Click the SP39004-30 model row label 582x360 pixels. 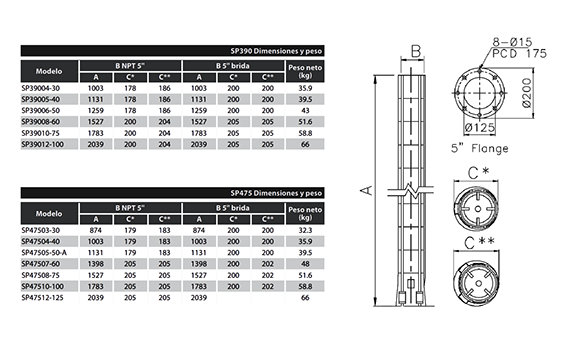(40, 88)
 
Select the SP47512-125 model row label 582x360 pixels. (42, 298)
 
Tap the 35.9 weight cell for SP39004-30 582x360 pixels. (305, 88)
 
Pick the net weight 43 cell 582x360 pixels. (305, 111)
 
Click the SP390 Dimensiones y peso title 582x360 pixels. (276, 51)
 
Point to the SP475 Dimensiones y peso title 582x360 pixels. (276, 193)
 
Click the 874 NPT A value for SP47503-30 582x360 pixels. (96, 230)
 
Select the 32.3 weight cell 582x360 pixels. (305, 230)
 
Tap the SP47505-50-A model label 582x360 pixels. (44, 253)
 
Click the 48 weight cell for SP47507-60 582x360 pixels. (305, 264)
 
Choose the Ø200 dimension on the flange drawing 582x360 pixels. (527, 93)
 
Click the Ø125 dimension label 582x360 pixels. (480, 128)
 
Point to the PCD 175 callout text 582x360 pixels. (519, 54)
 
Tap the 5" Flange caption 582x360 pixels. (480, 148)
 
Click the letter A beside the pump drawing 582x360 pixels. (367, 190)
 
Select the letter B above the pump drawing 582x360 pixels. (416, 51)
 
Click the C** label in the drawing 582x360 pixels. (479, 243)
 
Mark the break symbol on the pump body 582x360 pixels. (411, 190)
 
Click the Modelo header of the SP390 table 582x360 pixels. (49, 71)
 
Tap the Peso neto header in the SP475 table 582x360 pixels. (305, 213)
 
